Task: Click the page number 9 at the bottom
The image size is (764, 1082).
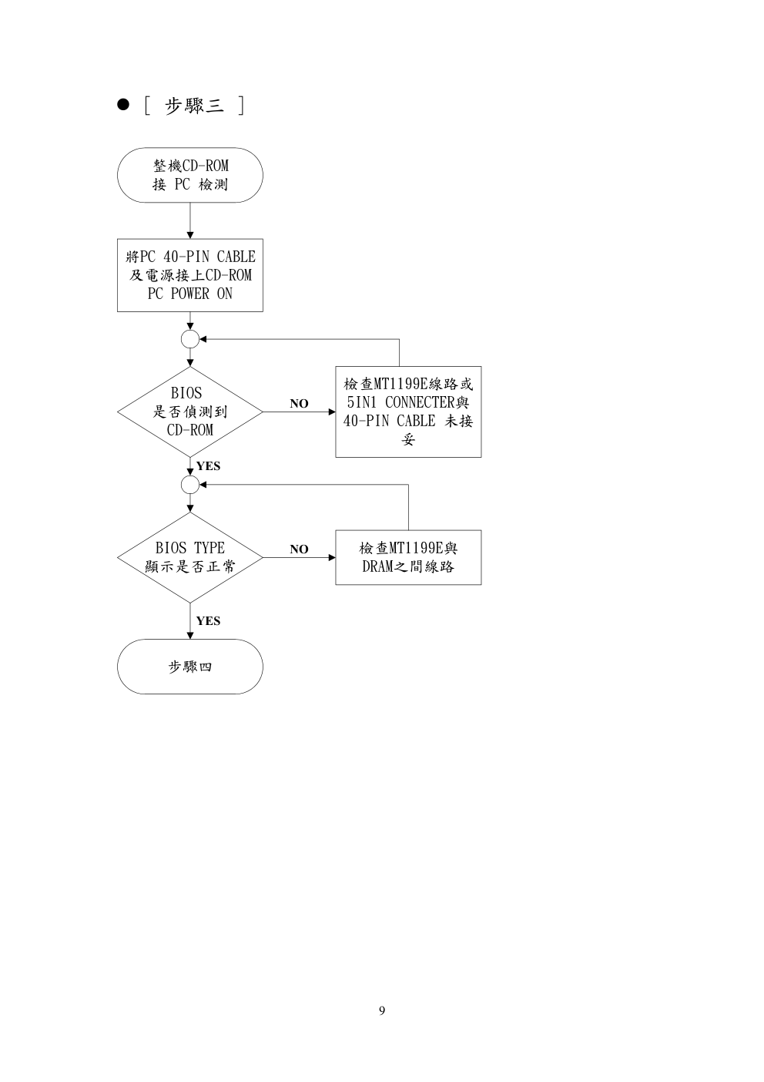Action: coord(382,1010)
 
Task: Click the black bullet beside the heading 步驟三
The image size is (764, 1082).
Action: coord(122,106)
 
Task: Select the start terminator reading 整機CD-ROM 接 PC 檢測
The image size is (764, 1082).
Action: coord(189,175)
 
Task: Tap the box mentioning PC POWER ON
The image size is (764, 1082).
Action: coord(189,275)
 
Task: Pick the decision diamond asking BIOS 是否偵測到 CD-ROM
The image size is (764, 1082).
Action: coord(189,412)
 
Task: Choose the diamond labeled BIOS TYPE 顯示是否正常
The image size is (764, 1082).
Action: coord(189,557)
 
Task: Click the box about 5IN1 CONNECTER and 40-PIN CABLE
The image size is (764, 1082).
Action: coord(408,412)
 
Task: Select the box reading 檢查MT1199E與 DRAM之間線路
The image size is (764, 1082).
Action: coord(408,557)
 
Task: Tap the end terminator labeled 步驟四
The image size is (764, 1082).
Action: coord(189,667)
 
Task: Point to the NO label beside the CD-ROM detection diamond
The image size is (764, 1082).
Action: coord(299,404)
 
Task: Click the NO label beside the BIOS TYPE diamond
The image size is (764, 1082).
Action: coord(299,549)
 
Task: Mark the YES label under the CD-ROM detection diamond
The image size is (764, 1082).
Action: coord(208,466)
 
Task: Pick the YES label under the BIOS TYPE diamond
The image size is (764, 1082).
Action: coord(208,621)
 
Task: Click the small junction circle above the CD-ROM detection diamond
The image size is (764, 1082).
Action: coord(189,339)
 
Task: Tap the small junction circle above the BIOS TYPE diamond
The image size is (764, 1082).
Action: coord(189,485)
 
